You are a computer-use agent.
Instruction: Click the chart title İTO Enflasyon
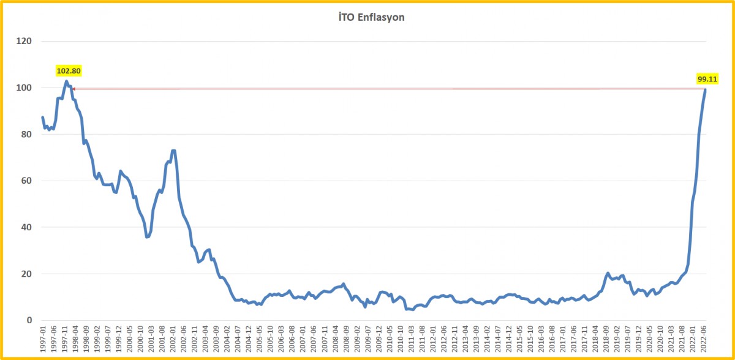[367, 17]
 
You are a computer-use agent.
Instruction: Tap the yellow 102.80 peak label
[69, 71]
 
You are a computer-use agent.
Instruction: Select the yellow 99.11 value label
[707, 79]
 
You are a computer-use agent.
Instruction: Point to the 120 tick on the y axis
[24, 42]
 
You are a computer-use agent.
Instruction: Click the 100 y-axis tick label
[24, 88]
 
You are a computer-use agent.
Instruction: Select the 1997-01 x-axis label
[43, 338]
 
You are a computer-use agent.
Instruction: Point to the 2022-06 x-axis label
[705, 338]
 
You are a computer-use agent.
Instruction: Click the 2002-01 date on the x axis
[173, 338]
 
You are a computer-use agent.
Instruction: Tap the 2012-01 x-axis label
[434, 338]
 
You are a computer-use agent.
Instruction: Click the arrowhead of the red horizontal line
[73, 89]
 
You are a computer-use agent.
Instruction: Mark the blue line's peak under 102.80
[66, 81]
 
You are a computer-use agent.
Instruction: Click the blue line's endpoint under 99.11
[705, 90]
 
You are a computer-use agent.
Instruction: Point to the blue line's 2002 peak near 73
[173, 151]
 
